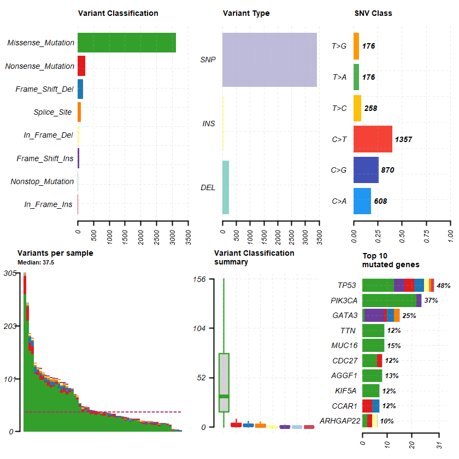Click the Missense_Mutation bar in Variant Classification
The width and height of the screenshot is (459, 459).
click(x=127, y=43)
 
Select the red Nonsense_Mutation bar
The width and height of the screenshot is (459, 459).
click(x=81, y=66)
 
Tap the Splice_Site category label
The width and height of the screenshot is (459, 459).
click(x=52, y=113)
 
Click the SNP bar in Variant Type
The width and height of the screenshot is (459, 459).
click(x=269, y=60)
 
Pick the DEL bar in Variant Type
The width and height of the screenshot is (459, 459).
click(x=226, y=187)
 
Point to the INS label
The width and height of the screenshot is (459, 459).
click(x=208, y=123)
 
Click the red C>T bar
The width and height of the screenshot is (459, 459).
click(x=373, y=139)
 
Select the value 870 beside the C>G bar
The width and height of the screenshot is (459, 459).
click(x=387, y=170)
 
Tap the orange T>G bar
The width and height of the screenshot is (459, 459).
click(x=356, y=46)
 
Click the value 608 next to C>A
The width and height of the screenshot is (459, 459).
click(x=380, y=201)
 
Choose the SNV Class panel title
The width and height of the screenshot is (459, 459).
click(x=373, y=13)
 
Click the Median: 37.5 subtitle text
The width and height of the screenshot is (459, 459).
click(x=36, y=262)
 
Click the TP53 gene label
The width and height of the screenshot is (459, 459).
click(x=346, y=285)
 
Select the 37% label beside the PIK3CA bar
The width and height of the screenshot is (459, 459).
click(x=431, y=301)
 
